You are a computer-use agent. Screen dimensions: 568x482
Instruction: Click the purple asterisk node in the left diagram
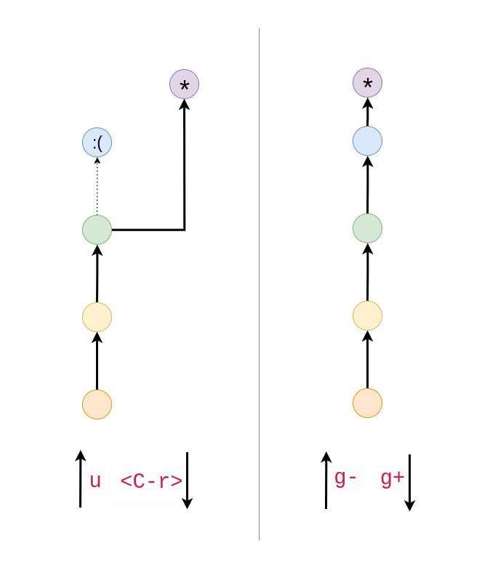pos(184,84)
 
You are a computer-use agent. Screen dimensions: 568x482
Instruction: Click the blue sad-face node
pos(97,143)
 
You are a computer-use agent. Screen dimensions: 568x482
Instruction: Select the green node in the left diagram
pos(97,230)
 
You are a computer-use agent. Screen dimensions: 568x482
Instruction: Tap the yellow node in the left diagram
pos(97,317)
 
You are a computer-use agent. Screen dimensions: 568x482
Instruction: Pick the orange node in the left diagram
pos(97,405)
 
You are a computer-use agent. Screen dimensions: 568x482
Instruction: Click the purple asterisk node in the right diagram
pos(367,82)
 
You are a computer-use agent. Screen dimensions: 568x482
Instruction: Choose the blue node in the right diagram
pos(367,141)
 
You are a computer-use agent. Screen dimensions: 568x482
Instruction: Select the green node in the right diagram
pos(367,228)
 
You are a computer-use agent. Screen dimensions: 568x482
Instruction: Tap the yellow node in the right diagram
pos(367,315)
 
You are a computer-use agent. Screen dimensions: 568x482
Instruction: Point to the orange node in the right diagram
pos(367,403)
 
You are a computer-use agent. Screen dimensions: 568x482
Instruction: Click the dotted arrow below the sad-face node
pos(97,186)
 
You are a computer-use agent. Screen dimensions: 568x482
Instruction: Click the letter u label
pos(95,481)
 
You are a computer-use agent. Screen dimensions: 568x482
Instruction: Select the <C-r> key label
pos(150,481)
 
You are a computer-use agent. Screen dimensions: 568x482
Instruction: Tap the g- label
pos(345,478)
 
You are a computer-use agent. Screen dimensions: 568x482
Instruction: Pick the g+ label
pos(393,478)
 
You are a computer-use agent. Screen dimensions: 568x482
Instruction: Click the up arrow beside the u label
pos(80,478)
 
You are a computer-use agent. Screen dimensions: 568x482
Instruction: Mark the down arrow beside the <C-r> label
pos(187,481)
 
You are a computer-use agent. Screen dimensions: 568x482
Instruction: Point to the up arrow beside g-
pos(326,481)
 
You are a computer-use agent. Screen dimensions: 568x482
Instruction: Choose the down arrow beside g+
pos(409,482)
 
